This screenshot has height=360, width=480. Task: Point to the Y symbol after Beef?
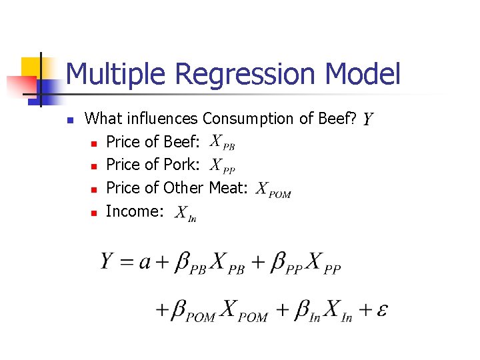367,120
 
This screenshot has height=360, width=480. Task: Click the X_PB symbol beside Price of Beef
222,143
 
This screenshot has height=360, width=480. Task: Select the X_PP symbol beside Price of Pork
222,165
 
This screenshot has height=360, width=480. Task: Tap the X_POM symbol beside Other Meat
274,189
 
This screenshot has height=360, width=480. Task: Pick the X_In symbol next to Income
185,213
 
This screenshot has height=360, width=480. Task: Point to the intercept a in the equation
145,263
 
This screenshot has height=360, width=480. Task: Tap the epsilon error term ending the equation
383,310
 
